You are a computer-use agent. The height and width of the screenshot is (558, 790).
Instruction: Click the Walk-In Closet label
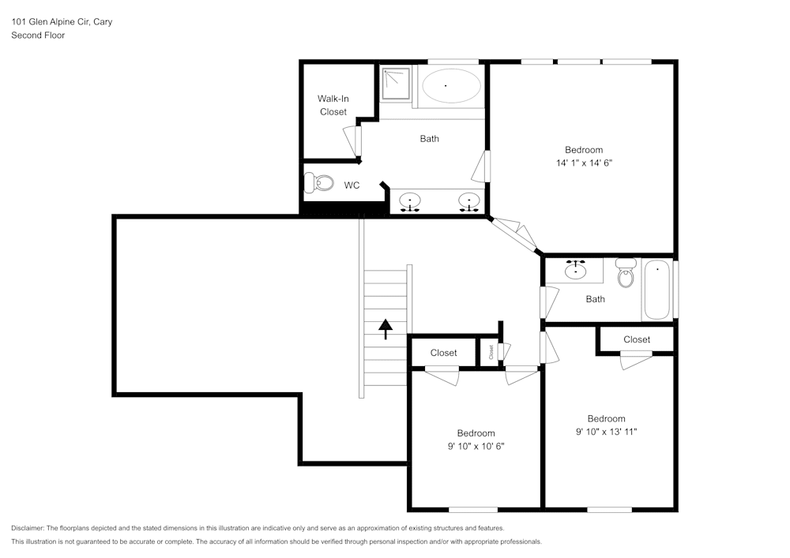pyautogui.click(x=333, y=105)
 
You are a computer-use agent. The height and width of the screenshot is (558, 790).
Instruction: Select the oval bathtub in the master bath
pyautogui.click(x=450, y=85)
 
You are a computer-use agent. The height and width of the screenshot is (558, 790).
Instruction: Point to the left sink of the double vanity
pyautogui.click(x=410, y=201)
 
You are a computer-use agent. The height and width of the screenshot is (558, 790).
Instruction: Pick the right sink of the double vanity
pyautogui.click(x=470, y=201)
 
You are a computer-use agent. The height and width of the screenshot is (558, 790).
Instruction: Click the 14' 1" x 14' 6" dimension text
pyautogui.click(x=584, y=163)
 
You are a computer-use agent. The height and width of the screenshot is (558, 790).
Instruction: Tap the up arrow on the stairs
pyautogui.click(x=386, y=328)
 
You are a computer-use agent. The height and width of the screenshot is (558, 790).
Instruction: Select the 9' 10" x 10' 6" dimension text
pyautogui.click(x=476, y=446)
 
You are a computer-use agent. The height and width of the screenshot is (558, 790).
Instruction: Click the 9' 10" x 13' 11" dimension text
pyautogui.click(x=606, y=432)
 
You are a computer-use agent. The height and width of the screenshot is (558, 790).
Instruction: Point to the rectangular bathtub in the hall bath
pyautogui.click(x=657, y=290)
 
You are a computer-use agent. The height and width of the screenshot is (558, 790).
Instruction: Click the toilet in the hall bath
pyautogui.click(x=626, y=274)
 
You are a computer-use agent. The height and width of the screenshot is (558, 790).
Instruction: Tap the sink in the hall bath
pyautogui.click(x=576, y=272)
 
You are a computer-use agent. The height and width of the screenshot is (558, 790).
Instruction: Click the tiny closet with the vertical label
pyautogui.click(x=491, y=352)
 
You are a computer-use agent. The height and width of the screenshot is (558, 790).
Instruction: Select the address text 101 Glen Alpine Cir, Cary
pyautogui.click(x=62, y=22)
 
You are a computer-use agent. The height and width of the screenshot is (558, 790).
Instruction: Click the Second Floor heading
pyautogui.click(x=38, y=36)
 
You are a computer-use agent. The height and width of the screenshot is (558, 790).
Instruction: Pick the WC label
pyautogui.click(x=352, y=185)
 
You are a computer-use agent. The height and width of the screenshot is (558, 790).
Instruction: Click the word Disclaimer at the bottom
pyautogui.click(x=28, y=528)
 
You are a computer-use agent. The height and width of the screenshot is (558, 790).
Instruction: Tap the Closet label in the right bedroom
pyautogui.click(x=636, y=339)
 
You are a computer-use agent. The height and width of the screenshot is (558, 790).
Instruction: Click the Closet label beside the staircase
pyautogui.click(x=443, y=353)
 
